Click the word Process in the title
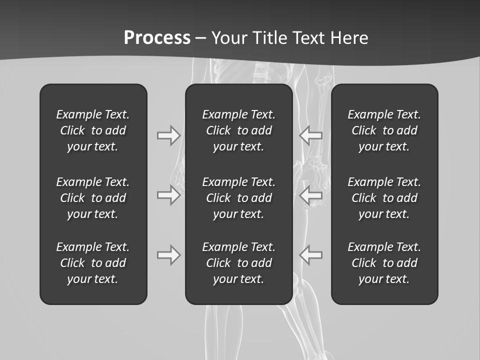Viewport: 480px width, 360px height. [x=157, y=38]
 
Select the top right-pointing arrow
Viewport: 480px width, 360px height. [x=168, y=135]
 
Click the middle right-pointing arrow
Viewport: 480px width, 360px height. [x=168, y=195]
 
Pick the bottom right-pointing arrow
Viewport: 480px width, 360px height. [x=168, y=255]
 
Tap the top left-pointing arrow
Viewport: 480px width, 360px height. [x=311, y=135]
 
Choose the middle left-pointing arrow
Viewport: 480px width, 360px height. [x=311, y=195]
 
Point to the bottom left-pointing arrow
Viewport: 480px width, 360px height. [x=311, y=255]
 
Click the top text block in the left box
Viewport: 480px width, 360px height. [x=93, y=130]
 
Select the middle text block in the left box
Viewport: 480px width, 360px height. [x=93, y=198]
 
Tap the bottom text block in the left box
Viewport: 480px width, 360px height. [x=93, y=263]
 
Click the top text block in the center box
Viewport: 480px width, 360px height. [x=239, y=130]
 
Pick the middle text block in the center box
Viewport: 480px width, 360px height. [x=239, y=198]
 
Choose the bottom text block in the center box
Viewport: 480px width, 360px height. [x=239, y=263]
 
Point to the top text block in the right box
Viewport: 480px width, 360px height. [x=384, y=130]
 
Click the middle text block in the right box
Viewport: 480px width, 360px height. [x=384, y=198]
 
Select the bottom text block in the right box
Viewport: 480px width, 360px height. [x=384, y=263]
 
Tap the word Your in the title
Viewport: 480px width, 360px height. [x=228, y=38]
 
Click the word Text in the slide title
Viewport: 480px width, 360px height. [x=309, y=38]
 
